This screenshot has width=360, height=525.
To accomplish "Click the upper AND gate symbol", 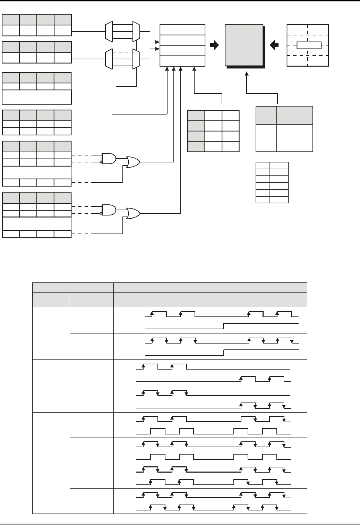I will tap(109, 158).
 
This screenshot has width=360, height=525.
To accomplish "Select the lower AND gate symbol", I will tap(109, 210).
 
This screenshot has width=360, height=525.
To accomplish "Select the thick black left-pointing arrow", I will tap(274, 45).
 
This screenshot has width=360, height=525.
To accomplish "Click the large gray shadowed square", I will tap(244, 45).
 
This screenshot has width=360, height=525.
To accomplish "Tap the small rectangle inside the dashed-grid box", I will tap(309, 45).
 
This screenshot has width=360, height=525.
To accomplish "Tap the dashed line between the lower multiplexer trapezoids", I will tap(122, 52).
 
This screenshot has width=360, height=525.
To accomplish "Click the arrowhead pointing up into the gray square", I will tap(247, 74).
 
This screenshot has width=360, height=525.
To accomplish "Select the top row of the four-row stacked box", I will tap(182, 29).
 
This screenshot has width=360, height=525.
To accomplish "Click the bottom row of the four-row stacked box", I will tap(182, 61).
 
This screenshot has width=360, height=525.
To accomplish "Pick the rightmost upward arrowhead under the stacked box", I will tap(194, 69).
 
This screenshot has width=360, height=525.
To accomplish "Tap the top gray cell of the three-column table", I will tap(196, 116).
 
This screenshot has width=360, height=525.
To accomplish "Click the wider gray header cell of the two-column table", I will tap(295, 115).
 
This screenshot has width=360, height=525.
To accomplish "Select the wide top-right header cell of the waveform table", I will tap(210, 287).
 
